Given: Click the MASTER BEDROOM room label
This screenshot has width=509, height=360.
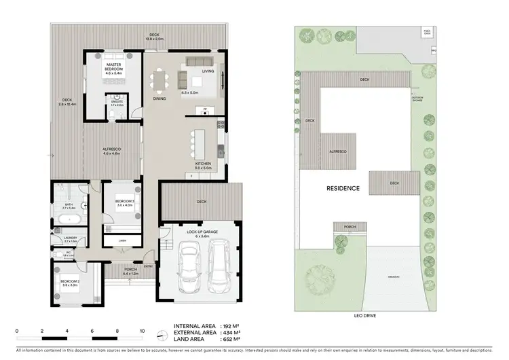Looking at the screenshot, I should [113, 67].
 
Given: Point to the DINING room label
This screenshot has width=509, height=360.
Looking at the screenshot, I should [159, 99].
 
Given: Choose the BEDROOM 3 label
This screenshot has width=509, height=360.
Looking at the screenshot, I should [124, 202].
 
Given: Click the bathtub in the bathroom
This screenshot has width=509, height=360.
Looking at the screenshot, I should [69, 219].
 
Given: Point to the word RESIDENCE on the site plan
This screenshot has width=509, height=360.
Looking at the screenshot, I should [343, 188].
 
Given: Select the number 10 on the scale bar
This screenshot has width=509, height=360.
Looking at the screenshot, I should [143, 331].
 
